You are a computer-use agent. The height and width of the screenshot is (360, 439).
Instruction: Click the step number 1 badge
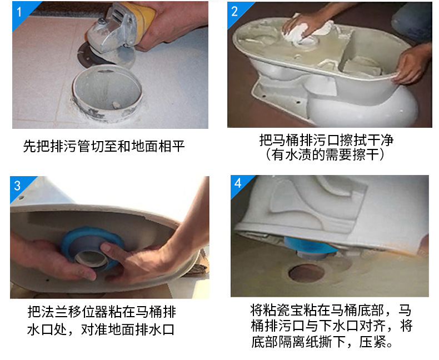[x=19, y=11]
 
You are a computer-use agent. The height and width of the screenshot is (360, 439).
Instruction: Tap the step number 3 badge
[x=18, y=186]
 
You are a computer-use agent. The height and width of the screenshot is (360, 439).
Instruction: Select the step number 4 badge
[x=238, y=183]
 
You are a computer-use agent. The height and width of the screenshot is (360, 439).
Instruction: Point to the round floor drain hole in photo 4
[x=306, y=272]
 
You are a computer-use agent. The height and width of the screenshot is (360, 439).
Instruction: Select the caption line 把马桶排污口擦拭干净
[x=330, y=139]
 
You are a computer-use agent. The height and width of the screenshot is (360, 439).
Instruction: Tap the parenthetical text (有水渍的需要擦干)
[x=330, y=154]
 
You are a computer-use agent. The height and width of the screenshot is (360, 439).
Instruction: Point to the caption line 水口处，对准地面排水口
[x=101, y=330]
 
